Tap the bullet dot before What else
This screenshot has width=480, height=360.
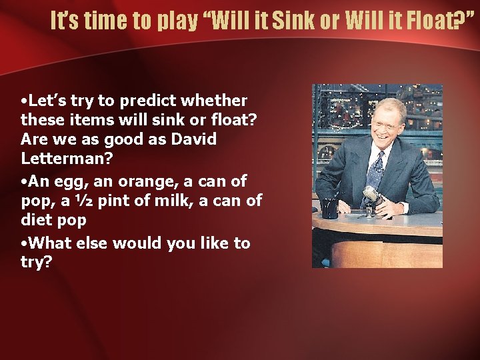pyautogui.click(x=24, y=244)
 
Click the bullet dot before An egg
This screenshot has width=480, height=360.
pyautogui.click(x=24, y=182)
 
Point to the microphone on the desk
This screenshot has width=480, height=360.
pyautogui.click(x=371, y=195)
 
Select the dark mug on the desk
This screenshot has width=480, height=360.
pyautogui.click(x=329, y=207)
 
